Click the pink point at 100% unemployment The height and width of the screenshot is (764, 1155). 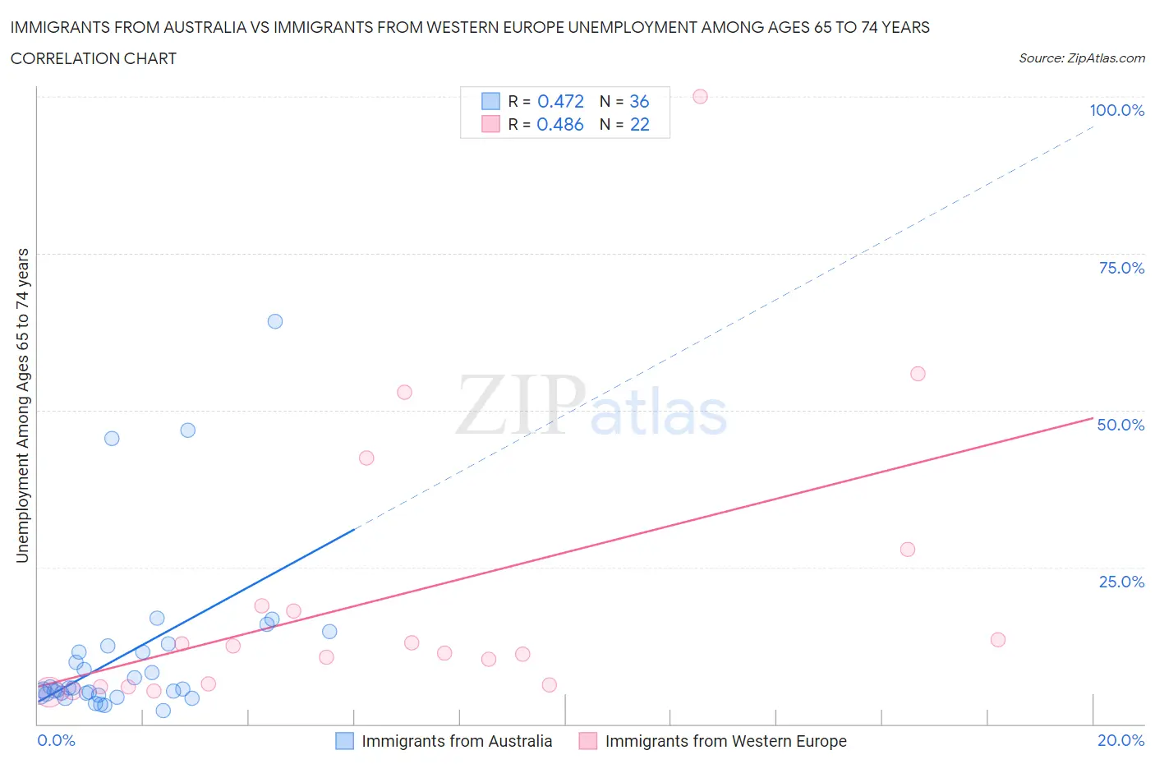click(700, 96)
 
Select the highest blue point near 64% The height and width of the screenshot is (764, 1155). click(275, 321)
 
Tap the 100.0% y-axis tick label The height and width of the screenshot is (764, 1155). click(1116, 110)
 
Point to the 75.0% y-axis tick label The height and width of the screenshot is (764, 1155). click(1121, 268)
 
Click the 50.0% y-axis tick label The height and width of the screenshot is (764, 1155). click(1120, 425)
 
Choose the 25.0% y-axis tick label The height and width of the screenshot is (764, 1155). click(1121, 582)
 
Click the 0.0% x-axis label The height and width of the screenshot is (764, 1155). click(57, 740)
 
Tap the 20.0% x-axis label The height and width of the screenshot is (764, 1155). click(1120, 740)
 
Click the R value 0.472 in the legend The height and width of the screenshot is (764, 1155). click(560, 101)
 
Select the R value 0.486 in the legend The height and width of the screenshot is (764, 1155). click(560, 124)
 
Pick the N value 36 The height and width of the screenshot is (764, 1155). click(639, 101)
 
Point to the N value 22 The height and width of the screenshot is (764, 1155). click(639, 124)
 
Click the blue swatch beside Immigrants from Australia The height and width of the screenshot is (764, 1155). click(345, 741)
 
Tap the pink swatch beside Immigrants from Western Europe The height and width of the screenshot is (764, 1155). click(588, 741)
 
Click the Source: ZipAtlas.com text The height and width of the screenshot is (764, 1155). click(1081, 58)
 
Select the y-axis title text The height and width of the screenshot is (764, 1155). click(23, 406)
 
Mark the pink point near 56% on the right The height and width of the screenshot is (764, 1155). click(918, 374)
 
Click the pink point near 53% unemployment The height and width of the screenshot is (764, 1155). click(404, 392)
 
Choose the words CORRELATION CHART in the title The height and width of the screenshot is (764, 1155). click(94, 58)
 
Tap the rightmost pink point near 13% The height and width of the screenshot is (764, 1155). click(998, 640)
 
